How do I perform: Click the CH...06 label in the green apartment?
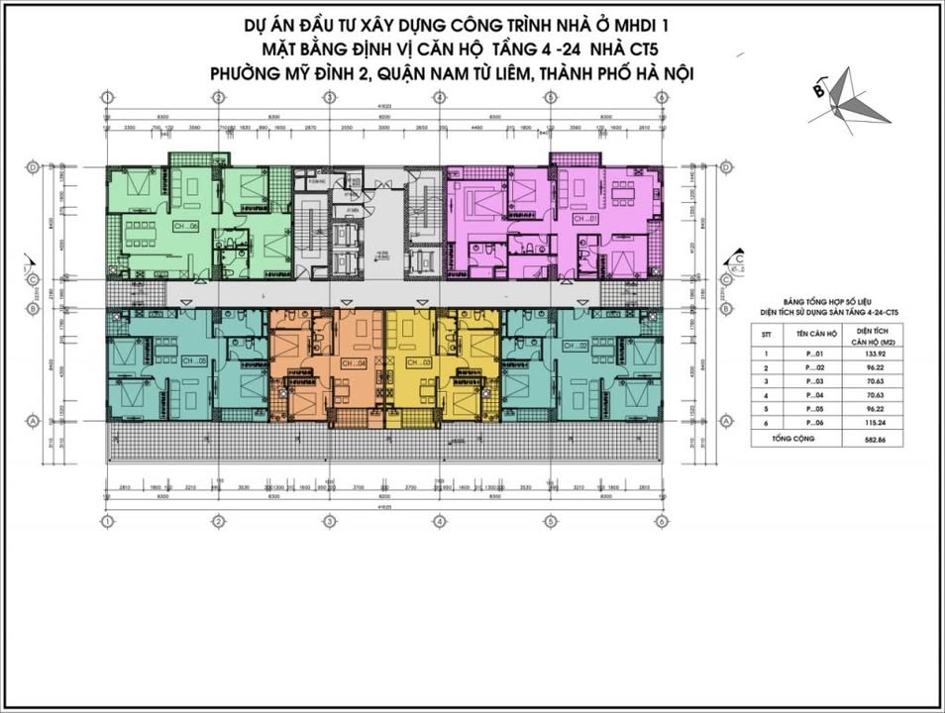click(185, 226)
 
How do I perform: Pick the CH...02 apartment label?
click(576, 346)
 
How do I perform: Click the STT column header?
click(765, 335)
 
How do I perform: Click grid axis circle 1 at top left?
click(105, 96)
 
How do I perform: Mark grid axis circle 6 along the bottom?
click(661, 521)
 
